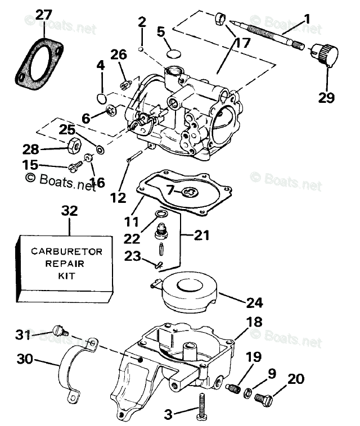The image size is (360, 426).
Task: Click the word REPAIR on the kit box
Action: pos(63,264)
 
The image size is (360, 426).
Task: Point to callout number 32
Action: pos(69,211)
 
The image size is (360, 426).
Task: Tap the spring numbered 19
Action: pos(233,388)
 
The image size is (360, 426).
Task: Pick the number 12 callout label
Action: pos(119,197)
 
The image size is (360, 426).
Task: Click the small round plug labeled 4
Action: pos(102,98)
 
